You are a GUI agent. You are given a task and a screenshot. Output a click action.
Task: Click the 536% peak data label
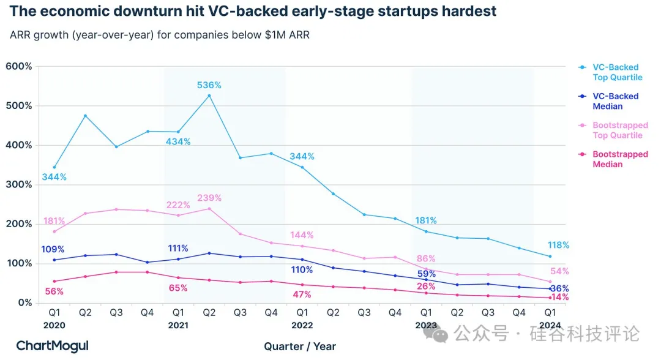click(209, 85)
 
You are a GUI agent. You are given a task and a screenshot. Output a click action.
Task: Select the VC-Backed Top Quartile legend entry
click(617, 72)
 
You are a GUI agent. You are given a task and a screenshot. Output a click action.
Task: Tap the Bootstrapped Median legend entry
click(619, 159)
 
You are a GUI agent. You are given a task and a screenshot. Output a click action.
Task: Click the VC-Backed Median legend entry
click(615, 101)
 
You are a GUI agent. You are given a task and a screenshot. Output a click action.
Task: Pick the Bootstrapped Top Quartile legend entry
click(619, 130)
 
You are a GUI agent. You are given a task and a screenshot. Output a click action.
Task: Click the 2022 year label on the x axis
click(302, 326)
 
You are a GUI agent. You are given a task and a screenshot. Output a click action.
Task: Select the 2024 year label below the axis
click(550, 326)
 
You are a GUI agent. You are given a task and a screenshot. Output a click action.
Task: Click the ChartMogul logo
click(52, 346)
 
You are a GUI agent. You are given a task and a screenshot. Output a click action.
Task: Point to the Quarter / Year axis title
click(300, 347)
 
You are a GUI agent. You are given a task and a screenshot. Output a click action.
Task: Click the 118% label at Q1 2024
click(558, 246)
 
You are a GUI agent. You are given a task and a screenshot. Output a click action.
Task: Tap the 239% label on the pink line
click(209, 198)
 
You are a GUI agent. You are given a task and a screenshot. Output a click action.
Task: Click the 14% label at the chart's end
click(559, 298)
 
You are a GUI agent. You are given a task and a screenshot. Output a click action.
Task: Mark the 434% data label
click(178, 142)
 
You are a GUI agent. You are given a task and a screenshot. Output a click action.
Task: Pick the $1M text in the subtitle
click(272, 35)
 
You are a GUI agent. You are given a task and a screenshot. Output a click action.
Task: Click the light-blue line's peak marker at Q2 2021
click(209, 96)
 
